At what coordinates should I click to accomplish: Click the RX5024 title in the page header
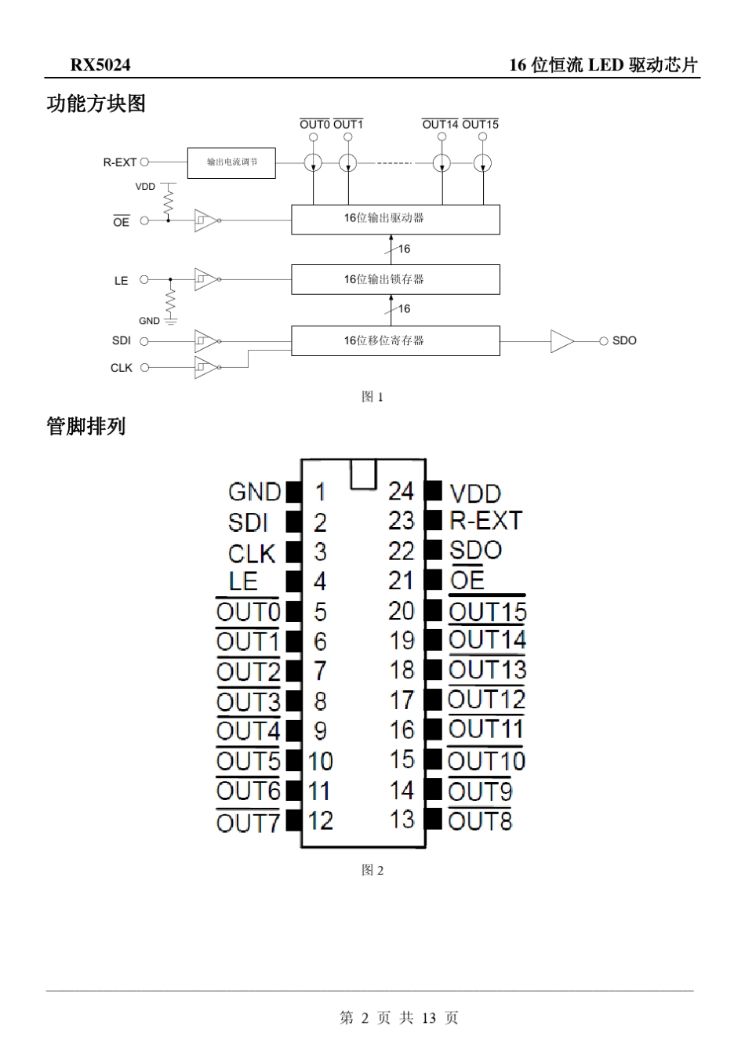pyautogui.click(x=100, y=65)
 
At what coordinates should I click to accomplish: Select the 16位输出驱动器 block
pyautogui.click(x=395, y=219)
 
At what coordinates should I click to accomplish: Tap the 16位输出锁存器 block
pyautogui.click(x=395, y=279)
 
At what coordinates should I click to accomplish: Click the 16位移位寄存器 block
pyautogui.click(x=395, y=340)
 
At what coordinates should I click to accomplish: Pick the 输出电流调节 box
pyautogui.click(x=231, y=162)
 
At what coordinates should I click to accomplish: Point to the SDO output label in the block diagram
pyautogui.click(x=624, y=340)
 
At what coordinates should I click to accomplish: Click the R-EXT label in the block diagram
pyautogui.click(x=120, y=162)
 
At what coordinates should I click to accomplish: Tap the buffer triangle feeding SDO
pyautogui.click(x=561, y=341)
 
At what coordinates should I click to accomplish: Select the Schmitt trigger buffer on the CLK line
pyautogui.click(x=205, y=367)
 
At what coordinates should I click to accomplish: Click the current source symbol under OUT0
pyautogui.click(x=313, y=163)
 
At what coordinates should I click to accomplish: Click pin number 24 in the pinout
pyautogui.click(x=401, y=491)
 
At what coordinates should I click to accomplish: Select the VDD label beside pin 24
pyautogui.click(x=475, y=493)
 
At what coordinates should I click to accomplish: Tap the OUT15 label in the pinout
pyautogui.click(x=487, y=611)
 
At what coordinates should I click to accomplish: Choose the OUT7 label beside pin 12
pyautogui.click(x=248, y=823)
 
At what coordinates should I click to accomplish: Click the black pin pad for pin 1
pyautogui.click(x=293, y=492)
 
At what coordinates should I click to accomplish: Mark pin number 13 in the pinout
pyautogui.click(x=402, y=820)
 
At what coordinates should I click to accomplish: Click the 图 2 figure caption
pyautogui.click(x=372, y=870)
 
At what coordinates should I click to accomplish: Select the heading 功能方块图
pyautogui.click(x=96, y=104)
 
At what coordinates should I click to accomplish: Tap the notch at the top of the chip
pyautogui.click(x=364, y=474)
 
